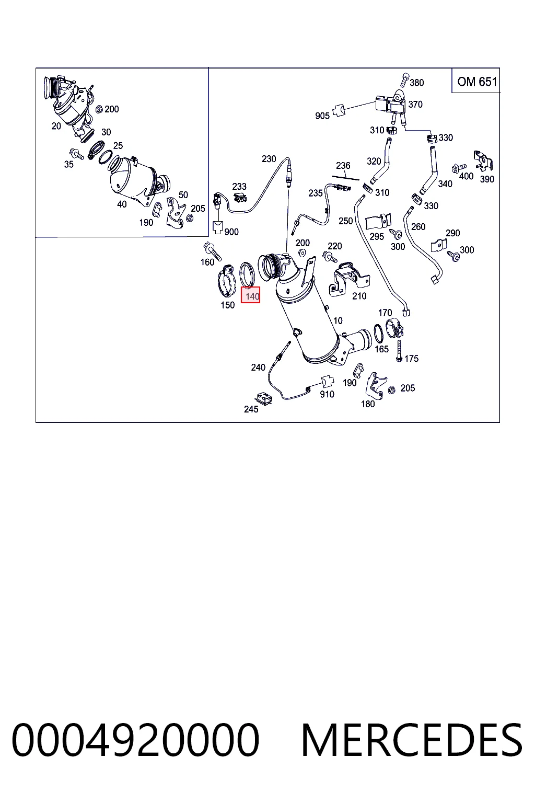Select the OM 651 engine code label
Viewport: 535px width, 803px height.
coord(477,82)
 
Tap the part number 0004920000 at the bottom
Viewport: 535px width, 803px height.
coord(135,740)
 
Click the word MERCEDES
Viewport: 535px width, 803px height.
coord(412,740)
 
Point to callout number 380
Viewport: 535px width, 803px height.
coord(417,83)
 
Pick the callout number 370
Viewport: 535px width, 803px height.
coord(415,105)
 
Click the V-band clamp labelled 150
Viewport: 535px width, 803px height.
coord(227,281)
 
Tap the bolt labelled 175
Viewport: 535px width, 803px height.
coord(399,351)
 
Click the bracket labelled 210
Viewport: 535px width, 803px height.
coord(348,279)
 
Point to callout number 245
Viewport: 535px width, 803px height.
coord(251,409)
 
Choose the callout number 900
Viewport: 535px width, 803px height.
coord(231,232)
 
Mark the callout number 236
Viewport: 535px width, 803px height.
coord(343,166)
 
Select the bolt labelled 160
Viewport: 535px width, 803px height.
coord(212,251)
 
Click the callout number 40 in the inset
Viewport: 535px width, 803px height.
coord(122,204)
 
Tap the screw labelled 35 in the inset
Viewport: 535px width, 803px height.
coord(77,153)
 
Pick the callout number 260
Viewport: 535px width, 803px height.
coord(418,226)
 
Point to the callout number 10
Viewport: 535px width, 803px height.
coord(338,320)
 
